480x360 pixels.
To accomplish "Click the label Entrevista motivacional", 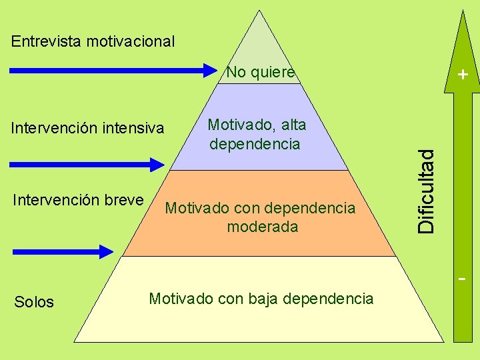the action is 93,41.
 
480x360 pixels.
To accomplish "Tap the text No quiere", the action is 261,72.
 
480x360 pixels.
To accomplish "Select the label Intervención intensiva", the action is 87,127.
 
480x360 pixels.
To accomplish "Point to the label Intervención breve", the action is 79,200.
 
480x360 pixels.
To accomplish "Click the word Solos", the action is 34,302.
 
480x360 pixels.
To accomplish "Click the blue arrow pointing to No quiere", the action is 113,69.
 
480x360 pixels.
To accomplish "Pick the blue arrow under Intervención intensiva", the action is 87,163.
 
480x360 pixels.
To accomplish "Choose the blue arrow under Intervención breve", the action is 63,251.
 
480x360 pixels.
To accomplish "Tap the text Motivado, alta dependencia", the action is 256,134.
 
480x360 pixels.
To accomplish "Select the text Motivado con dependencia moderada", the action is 261,217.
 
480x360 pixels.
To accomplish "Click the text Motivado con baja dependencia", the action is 261,299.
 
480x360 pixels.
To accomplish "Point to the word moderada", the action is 263,227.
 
